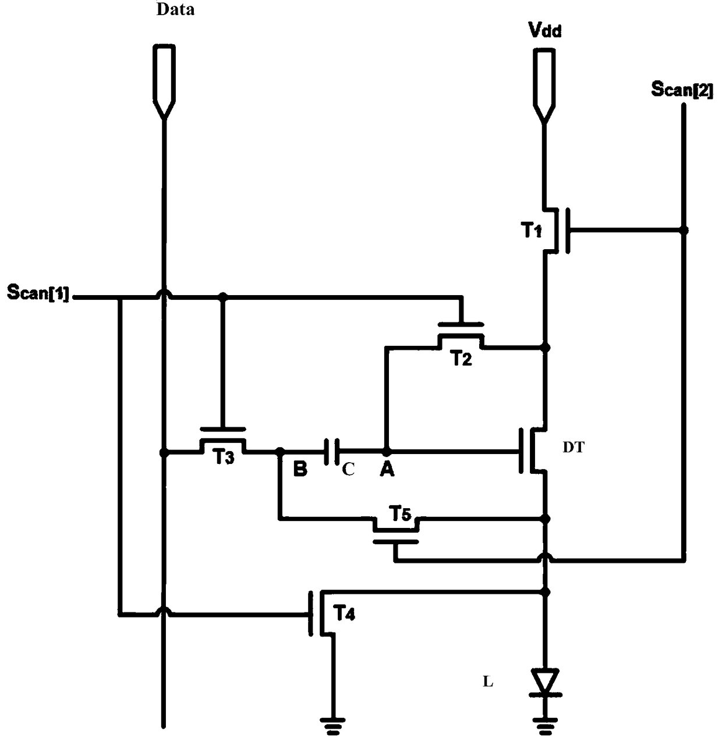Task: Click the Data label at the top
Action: tap(175, 9)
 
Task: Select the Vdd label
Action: tap(544, 30)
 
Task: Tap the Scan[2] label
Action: tap(682, 90)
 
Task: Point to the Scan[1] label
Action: tap(38, 292)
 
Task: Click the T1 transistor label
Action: tap(531, 231)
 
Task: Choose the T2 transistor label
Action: tap(462, 358)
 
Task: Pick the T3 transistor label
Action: tap(224, 456)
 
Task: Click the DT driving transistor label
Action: tap(574, 448)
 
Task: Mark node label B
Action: tap(300, 469)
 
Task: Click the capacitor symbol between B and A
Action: tap(332, 452)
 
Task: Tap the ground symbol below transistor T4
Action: tap(332, 726)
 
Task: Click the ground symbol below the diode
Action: tap(546, 726)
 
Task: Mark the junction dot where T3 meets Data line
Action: tap(164, 452)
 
